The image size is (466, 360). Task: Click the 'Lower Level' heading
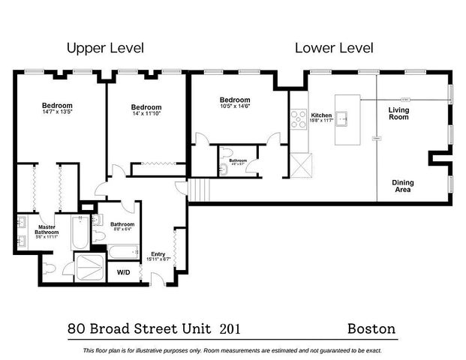coord(334,49)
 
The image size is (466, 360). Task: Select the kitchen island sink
coord(343,117)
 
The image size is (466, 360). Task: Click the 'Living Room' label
coord(398,114)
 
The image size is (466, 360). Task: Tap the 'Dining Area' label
coord(403,187)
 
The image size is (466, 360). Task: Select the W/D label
coord(123,272)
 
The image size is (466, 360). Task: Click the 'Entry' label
coord(158,253)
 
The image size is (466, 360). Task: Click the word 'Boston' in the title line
coord(371,328)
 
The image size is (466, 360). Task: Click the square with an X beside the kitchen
coord(301,163)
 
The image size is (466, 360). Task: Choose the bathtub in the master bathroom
coord(78,234)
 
